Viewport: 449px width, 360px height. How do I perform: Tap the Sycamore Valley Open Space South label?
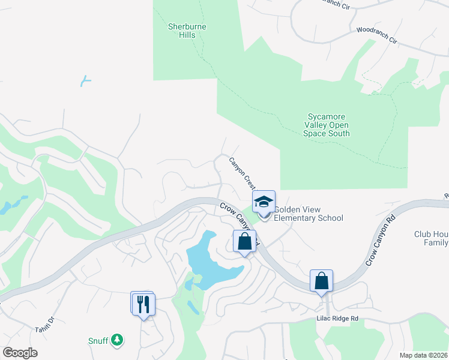coord(328,125)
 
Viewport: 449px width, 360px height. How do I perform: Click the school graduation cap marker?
coord(264,202)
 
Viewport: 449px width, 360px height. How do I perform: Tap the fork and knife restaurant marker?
coord(143,304)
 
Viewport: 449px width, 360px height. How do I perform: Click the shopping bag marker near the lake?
coord(245,242)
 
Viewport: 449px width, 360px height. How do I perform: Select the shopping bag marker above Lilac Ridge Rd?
coord(321,281)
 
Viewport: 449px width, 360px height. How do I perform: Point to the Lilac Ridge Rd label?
coord(338,318)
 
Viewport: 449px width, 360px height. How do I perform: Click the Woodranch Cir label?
coord(377,35)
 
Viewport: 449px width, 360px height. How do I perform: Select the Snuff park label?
coord(99,341)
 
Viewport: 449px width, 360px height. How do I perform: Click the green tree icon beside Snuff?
coord(118,340)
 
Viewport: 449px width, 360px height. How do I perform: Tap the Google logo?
coord(20,353)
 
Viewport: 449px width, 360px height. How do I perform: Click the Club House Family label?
coord(430,238)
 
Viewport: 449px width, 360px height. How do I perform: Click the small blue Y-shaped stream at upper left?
coord(85,80)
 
